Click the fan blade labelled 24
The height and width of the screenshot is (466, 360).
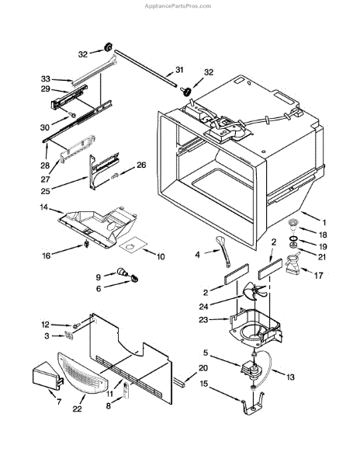254,292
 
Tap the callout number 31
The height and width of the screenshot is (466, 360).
179,70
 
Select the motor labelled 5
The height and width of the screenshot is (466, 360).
251,370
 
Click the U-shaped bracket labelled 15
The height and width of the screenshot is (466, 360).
253,403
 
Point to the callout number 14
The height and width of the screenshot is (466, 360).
43,207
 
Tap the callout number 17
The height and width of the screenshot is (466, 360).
318,276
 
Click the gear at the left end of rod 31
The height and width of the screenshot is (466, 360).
108,47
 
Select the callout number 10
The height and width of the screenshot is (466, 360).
161,256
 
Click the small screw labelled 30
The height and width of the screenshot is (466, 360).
72,114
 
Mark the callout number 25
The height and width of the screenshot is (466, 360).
45,191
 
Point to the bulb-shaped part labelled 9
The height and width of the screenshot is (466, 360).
122,272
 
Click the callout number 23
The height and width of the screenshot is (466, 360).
203,320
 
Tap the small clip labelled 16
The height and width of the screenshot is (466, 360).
87,244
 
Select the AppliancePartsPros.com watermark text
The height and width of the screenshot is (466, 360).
178,6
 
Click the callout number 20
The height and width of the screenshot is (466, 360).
203,368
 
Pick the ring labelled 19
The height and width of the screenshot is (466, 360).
294,238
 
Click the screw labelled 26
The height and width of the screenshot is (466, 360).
115,176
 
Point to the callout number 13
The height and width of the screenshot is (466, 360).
290,377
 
